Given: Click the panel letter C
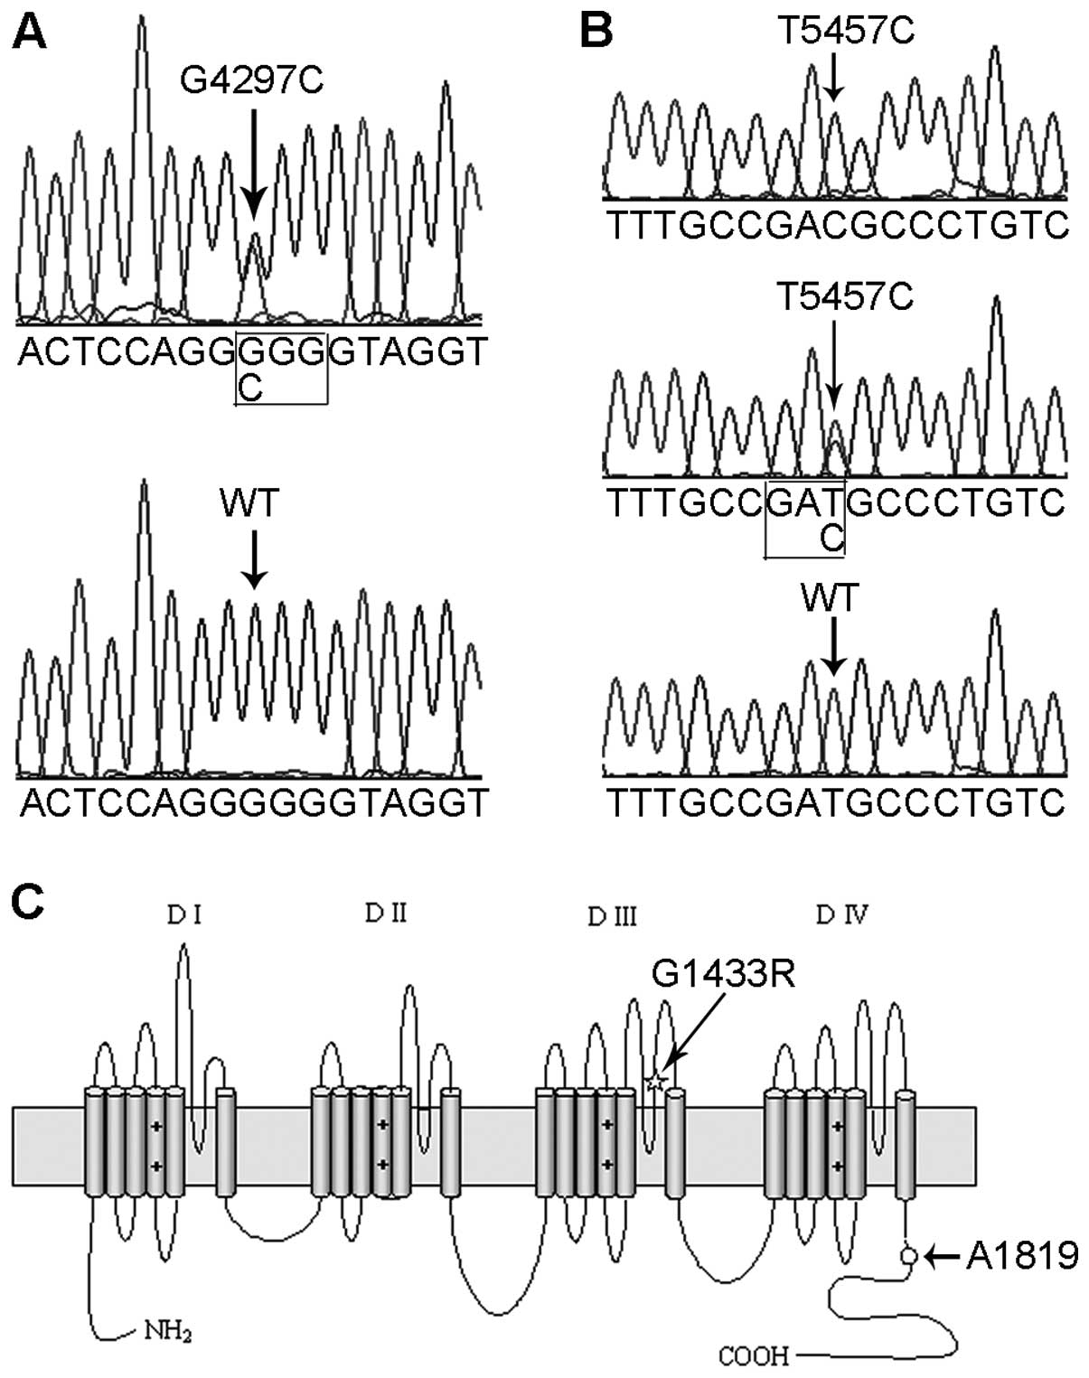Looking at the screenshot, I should tap(29, 902).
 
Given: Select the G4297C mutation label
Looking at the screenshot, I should tap(252, 81).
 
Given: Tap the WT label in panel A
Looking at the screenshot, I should tap(250, 504).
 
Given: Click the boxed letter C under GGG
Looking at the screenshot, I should tap(249, 388).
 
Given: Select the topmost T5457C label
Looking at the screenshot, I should tap(846, 32).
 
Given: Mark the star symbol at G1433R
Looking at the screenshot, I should tap(656, 1080).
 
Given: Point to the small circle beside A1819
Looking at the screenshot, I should tap(909, 1255).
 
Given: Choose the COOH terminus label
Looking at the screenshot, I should tap(754, 1355).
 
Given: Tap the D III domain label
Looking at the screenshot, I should tap(612, 917).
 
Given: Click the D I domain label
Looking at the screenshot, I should tap(183, 915).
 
